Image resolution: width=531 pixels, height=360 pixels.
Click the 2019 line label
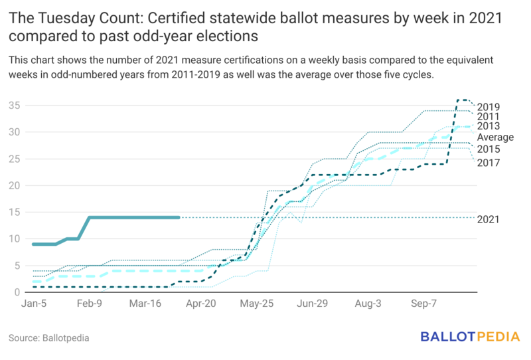pyautogui.click(x=489, y=107)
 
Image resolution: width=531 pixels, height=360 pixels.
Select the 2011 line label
pyautogui.click(x=489, y=117)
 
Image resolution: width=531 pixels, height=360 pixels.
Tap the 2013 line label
pyautogui.click(x=489, y=127)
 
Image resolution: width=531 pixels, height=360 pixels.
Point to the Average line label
pyautogui.click(x=496, y=137)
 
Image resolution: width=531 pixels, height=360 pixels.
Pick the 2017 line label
pyautogui.click(x=489, y=163)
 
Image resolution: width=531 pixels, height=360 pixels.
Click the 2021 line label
pyautogui.click(x=489, y=220)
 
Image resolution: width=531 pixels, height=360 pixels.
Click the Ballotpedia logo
pyautogui.click(x=470, y=337)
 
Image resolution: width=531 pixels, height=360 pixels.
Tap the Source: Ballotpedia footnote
pyautogui.click(x=49, y=338)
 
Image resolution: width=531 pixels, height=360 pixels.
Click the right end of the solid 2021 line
pyautogui.click(x=179, y=217)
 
